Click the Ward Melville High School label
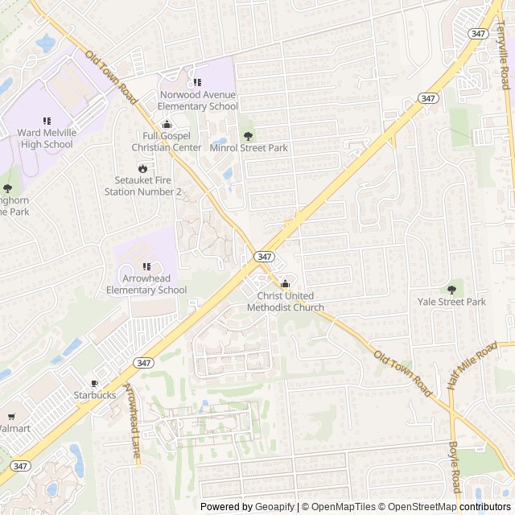coord(44,138)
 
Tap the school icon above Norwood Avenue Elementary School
coord(197,82)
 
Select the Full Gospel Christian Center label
coord(167,142)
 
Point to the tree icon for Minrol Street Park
coord(248,135)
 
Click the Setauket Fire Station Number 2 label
coord(143,186)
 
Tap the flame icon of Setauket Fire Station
coord(143,169)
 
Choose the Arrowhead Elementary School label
coord(146,284)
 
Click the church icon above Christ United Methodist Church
coord(285,284)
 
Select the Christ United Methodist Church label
coord(286,302)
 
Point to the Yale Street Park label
coord(451,302)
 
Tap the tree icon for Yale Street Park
coord(451,290)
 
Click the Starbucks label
coord(95,395)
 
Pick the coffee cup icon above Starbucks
coord(95,384)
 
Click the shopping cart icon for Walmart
coord(10,417)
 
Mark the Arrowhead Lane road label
coord(131,424)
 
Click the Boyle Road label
coord(454,468)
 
